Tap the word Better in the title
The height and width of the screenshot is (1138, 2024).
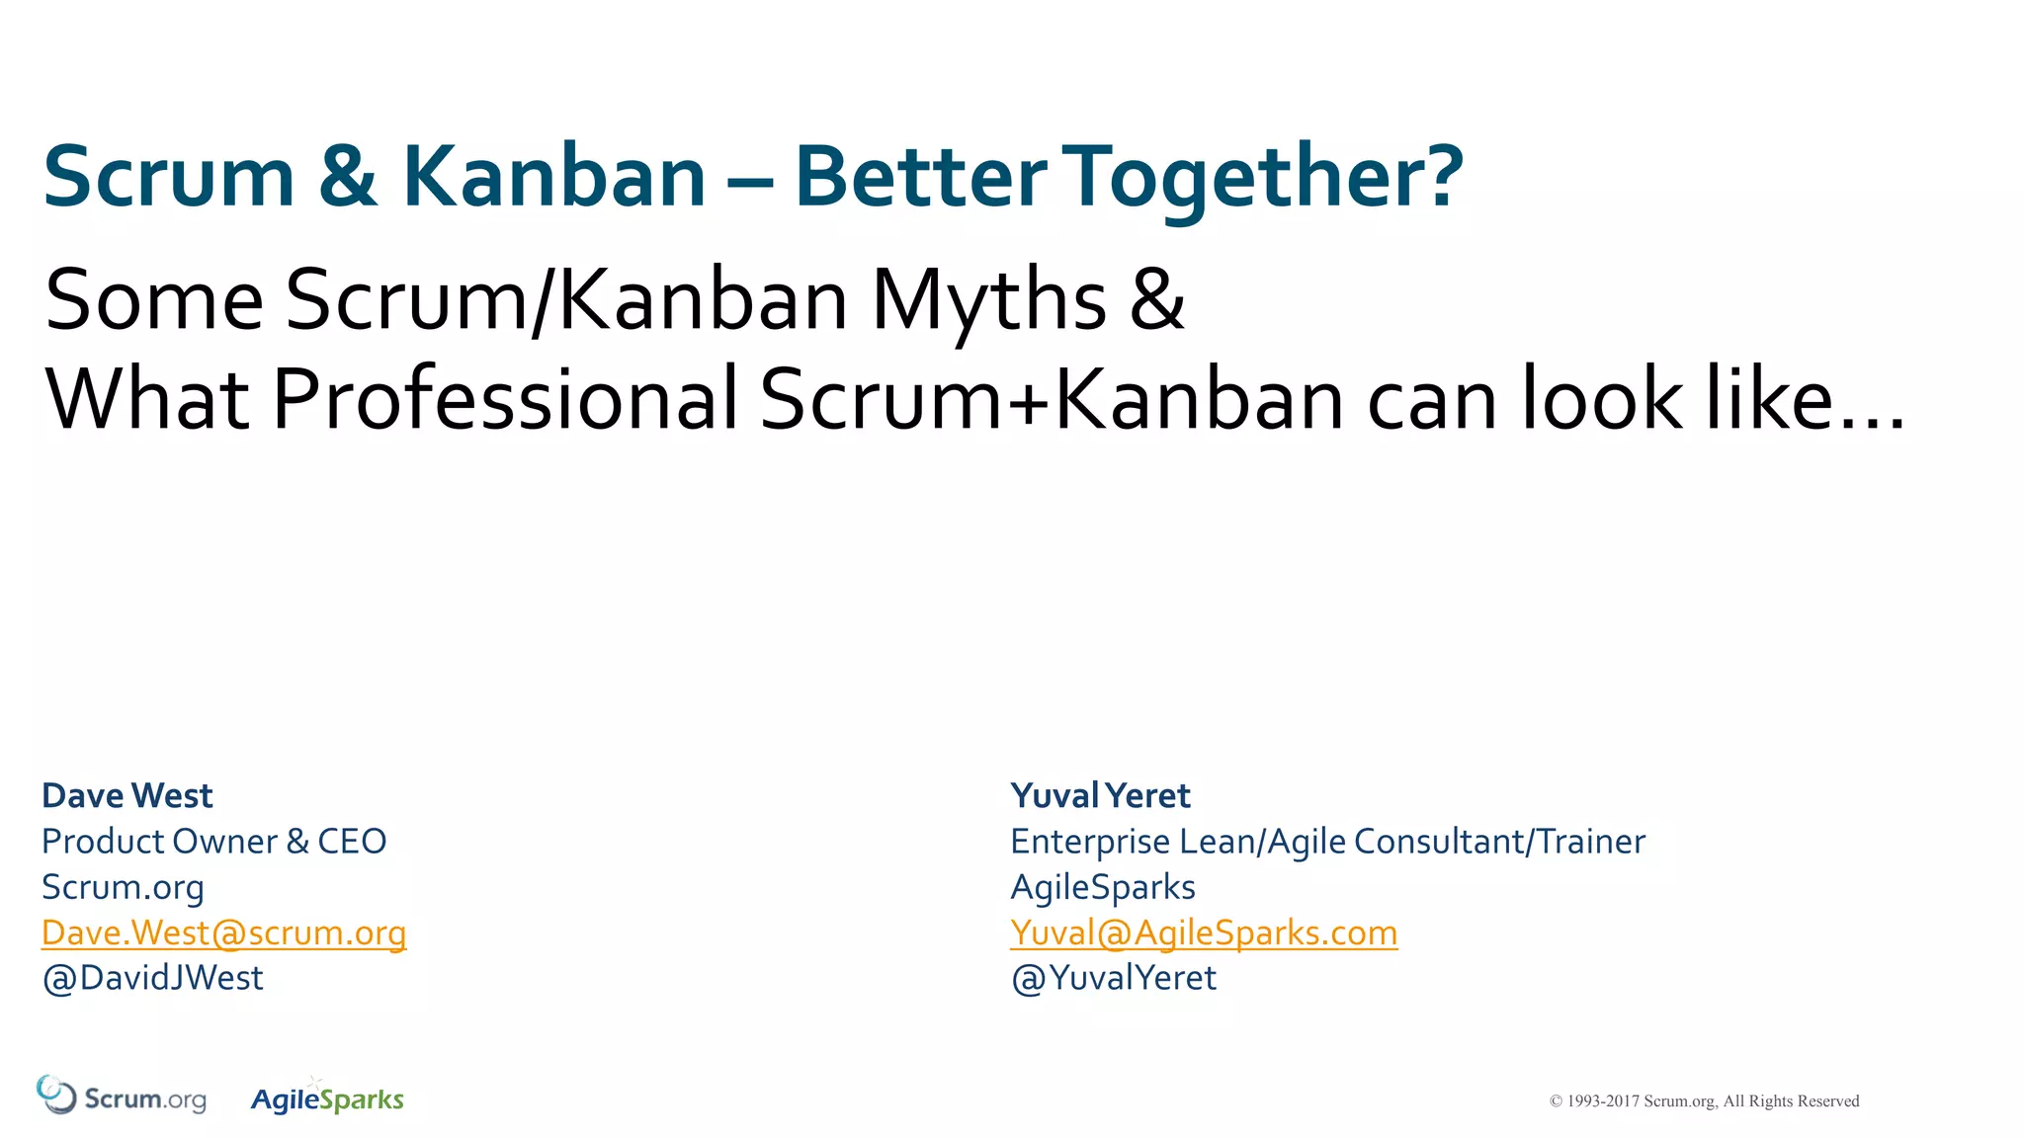point(920,178)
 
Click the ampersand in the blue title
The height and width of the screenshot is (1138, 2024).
point(348,178)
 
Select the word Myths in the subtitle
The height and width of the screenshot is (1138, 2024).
point(988,300)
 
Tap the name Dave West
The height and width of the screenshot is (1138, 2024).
point(127,795)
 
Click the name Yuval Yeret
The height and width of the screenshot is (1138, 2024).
point(1100,795)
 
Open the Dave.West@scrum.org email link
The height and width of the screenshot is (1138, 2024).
point(223,933)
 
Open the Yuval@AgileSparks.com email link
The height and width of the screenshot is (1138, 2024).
point(1204,933)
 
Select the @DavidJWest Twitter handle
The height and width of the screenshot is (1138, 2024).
point(152,978)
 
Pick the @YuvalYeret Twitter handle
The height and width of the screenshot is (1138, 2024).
point(1113,978)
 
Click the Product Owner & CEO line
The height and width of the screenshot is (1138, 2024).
point(213,842)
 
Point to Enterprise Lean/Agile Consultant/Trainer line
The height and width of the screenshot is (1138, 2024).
point(1327,842)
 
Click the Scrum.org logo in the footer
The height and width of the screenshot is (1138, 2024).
point(122,1097)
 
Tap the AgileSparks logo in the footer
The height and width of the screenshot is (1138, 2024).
point(327,1098)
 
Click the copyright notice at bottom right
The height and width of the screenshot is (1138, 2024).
point(1704,1101)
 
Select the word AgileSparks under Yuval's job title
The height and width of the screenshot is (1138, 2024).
point(1102,887)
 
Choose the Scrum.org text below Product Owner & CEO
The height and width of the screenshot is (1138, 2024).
point(123,887)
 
